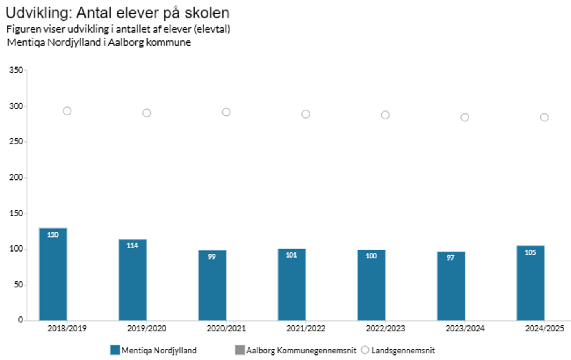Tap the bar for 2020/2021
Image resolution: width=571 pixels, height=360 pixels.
[x=212, y=285]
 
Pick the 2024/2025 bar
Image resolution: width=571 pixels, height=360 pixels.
[x=530, y=283]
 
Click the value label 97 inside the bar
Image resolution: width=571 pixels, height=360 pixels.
[x=450, y=258]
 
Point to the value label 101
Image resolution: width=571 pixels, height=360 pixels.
[x=291, y=255]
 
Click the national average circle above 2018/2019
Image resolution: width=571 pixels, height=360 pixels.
[x=67, y=111]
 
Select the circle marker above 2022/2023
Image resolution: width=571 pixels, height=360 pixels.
[x=385, y=115]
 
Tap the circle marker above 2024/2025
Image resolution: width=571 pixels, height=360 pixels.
[x=544, y=117]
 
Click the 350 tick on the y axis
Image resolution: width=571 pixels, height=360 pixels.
[x=16, y=70]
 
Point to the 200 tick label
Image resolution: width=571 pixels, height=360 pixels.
[x=16, y=177]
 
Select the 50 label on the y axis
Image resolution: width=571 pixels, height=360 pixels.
[x=18, y=285]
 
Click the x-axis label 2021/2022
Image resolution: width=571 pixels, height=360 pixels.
[x=305, y=329]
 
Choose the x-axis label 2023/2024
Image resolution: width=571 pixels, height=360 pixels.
[x=465, y=329]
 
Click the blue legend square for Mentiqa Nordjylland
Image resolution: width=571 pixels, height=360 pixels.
[x=115, y=350]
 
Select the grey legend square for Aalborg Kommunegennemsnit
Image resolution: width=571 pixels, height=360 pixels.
[x=240, y=350]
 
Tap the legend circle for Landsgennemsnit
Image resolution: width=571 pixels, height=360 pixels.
[x=365, y=350]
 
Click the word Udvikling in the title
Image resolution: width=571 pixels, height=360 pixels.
[x=38, y=13]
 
